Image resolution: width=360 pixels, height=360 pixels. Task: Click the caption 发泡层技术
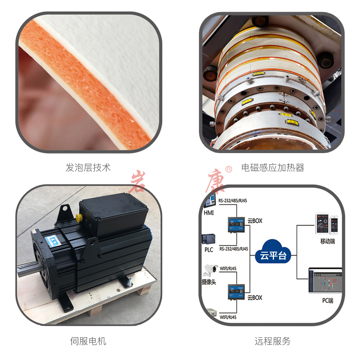[x=88, y=167]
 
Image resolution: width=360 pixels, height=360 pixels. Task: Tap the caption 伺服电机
[x=88, y=341]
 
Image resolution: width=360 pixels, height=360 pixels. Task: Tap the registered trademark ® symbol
[x=229, y=169]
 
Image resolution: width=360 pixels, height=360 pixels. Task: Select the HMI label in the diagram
[x=209, y=213]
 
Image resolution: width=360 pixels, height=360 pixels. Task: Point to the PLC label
[x=209, y=250]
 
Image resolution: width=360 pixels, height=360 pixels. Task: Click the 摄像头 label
[x=209, y=282]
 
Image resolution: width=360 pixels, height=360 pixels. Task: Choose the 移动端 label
[x=327, y=241]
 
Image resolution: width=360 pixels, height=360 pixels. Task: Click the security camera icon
[x=210, y=269]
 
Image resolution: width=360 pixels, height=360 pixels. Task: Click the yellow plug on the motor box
[x=79, y=218]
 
